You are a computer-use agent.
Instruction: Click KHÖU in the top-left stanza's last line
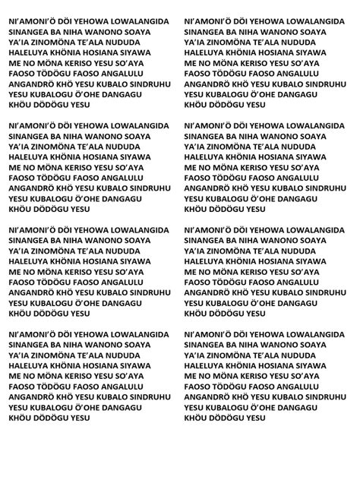[21, 109]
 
